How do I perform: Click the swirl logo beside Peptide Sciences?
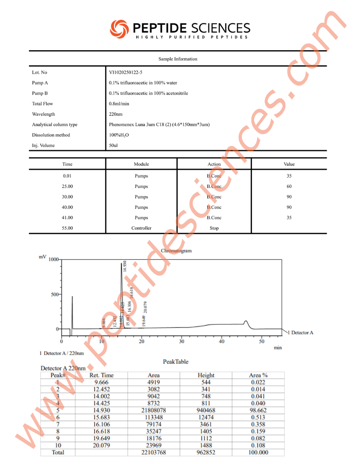coord(119,28)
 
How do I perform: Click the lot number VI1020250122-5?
coord(126,72)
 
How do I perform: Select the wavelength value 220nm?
coord(115,114)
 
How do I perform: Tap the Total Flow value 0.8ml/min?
coord(119,104)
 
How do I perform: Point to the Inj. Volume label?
coord(43,145)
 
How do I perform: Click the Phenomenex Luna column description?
coord(159,125)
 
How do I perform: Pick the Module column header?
coord(141,164)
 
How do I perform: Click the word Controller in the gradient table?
coord(141,228)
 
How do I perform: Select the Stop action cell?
coord(214,228)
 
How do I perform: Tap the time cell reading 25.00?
coord(67,186)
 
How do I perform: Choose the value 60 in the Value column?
coord(289,186)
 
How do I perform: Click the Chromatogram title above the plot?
coord(176,251)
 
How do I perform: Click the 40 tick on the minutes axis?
coord(221,342)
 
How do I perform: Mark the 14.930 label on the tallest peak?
coord(124,267)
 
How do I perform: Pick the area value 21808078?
coord(153,410)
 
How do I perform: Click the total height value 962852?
coord(206,452)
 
